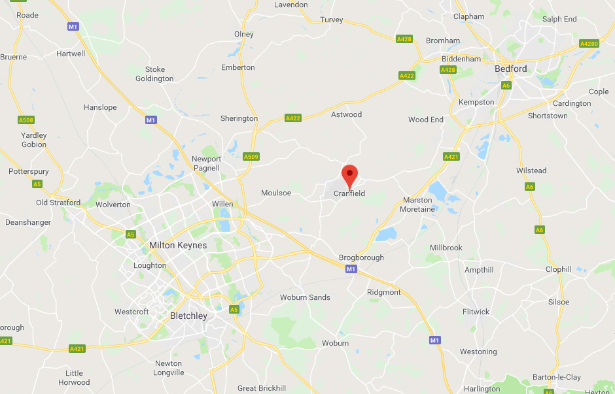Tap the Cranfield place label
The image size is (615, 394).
coord(349,193)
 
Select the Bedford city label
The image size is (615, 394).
coord(510,69)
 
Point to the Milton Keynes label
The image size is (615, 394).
coord(178,246)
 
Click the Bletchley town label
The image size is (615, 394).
coord(188,316)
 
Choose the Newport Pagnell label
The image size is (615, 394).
coord(206,163)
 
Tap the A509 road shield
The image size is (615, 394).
coord(251,157)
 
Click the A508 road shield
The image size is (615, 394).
coord(26,120)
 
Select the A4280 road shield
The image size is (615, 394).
coord(589,44)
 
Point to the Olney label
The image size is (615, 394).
coord(244,34)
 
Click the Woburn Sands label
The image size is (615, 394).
coord(305,297)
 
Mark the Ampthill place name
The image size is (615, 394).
coord(479,270)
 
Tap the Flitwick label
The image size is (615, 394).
coord(476,312)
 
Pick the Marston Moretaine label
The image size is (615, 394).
coord(418,205)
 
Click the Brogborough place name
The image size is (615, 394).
coord(361,258)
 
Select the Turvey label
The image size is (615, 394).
coord(332,20)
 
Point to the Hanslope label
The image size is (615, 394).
coord(100,107)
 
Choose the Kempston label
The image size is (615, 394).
coord(476,102)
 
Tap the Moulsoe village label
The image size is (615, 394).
coord(275,193)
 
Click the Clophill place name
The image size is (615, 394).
coord(559,269)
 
